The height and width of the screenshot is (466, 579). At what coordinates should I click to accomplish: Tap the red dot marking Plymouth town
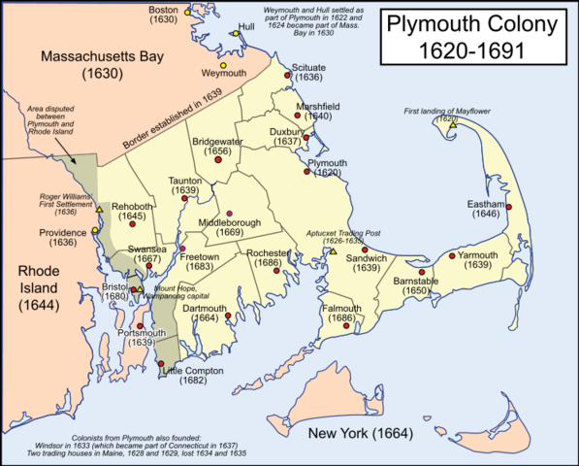pyautogui.click(x=306, y=171)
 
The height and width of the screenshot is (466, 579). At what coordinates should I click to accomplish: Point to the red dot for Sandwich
pyautogui.click(x=365, y=249)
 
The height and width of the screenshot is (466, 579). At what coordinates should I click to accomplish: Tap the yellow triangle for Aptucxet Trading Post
pyautogui.click(x=333, y=251)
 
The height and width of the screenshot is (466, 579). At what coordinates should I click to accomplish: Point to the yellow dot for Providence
pyautogui.click(x=94, y=231)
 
